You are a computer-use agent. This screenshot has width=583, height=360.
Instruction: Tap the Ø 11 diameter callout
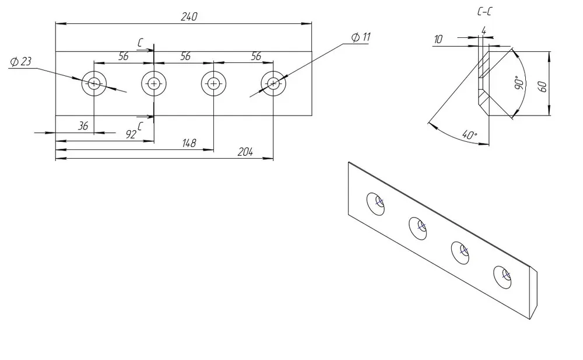pyautogui.click(x=360, y=37)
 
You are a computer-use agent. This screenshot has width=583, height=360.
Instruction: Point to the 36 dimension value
pyautogui.click(x=83, y=125)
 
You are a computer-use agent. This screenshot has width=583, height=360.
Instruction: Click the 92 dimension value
pyautogui.click(x=131, y=134)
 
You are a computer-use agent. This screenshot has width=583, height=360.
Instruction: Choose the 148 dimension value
pyautogui.click(x=188, y=143)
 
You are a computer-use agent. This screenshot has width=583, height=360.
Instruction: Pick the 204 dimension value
pyautogui.click(x=245, y=152)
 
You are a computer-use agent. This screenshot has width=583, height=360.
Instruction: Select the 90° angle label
pyautogui.click(x=517, y=83)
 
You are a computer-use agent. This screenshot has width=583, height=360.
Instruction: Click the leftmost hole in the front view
pyautogui.click(x=94, y=84)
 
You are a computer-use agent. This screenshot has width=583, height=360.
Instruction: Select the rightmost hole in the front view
pyautogui.click(x=273, y=84)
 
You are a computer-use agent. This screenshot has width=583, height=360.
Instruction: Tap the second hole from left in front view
pyautogui.click(x=153, y=84)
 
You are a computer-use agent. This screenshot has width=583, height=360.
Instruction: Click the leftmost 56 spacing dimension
pyautogui.click(x=123, y=56)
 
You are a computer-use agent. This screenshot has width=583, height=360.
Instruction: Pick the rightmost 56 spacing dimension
pyautogui.click(x=255, y=56)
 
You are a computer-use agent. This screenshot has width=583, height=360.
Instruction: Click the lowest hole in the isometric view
pyautogui.click(x=503, y=277)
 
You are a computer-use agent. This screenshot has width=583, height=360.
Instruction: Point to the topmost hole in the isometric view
pyautogui.click(x=376, y=204)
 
